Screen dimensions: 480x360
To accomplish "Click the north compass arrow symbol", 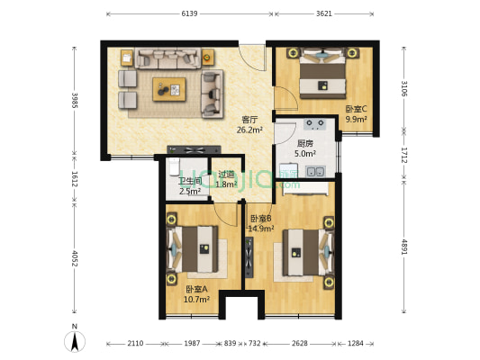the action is pos(75,341).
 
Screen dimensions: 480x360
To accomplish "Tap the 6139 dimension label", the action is pos(189,13).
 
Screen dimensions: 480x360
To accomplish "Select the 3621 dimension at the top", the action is pos(324,13).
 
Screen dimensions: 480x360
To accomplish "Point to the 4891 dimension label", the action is pos(404,247).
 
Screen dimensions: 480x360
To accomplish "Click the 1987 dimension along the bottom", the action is pos(192,344).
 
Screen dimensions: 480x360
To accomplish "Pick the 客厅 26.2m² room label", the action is pos(249,125).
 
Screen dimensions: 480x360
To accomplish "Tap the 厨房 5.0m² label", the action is pos(305,148).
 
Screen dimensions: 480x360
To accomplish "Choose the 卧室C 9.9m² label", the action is pos(357,114).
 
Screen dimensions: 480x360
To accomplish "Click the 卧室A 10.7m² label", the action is pos(196,294).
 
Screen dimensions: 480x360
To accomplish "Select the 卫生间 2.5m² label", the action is pos(190,186).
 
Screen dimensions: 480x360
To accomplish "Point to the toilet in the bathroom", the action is pos(174,166).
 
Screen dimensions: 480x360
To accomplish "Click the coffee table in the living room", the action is pos(169,89).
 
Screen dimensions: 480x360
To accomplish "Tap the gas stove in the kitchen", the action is pos(315,124).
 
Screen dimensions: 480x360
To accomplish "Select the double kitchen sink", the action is pos(316,172).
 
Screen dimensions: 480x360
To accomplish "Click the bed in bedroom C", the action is pos(322,74).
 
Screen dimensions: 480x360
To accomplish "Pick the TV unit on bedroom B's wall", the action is pos(249,257).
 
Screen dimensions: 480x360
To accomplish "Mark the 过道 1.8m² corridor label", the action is pos(227,179).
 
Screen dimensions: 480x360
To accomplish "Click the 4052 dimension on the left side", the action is pos(75,258).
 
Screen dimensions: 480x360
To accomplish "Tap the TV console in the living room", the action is pos(194,150).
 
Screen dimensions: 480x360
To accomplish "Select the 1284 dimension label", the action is pos(356,344).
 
